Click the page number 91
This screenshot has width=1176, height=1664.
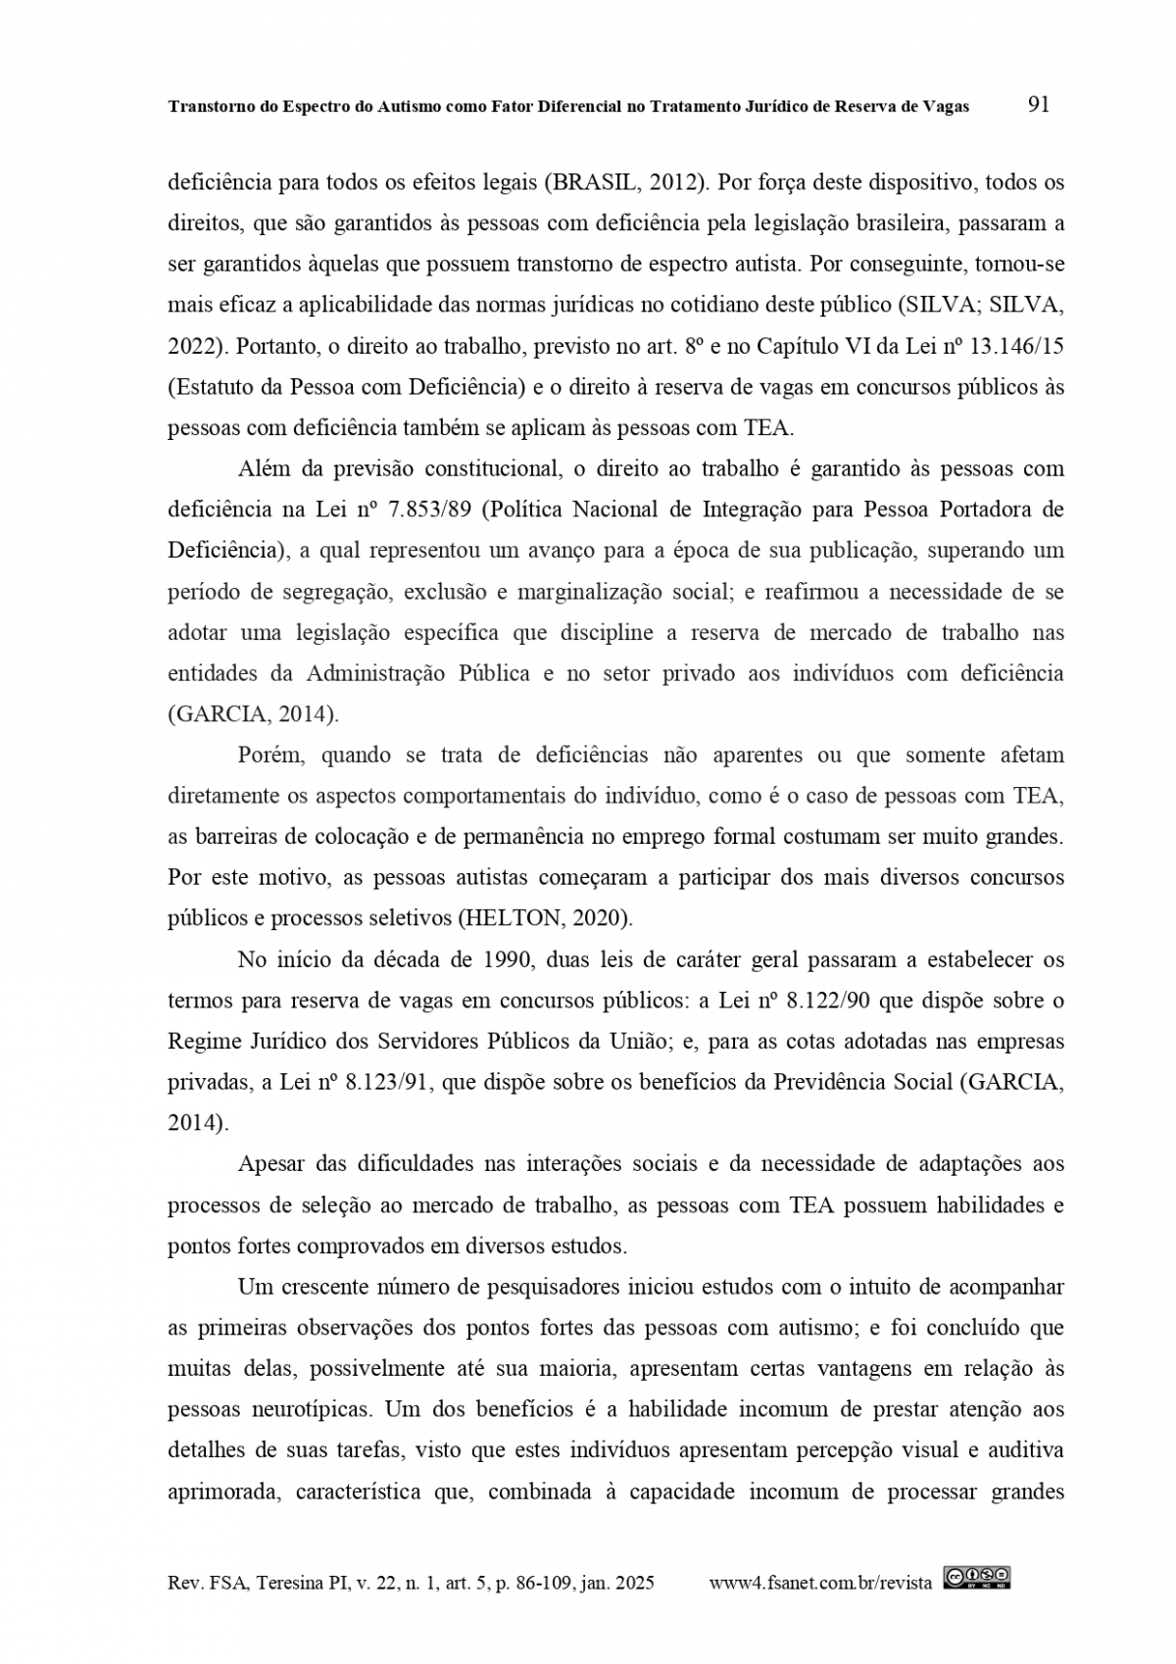point(1039,105)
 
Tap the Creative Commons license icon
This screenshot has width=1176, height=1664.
point(977,1577)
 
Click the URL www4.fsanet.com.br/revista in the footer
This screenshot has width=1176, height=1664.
point(820,1583)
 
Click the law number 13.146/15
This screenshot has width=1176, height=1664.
point(1022,346)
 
